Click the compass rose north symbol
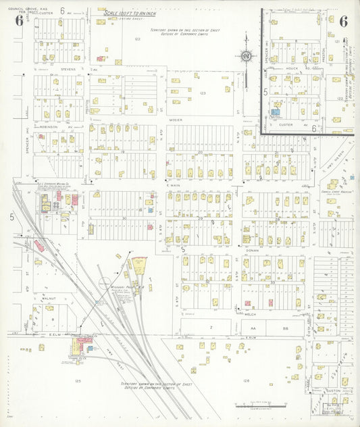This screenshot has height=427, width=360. [x=247, y=56]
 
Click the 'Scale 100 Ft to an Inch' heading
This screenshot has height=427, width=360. [x=130, y=13]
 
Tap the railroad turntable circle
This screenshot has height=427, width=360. [x=105, y=284]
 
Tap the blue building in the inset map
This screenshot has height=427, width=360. [x=275, y=112]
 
